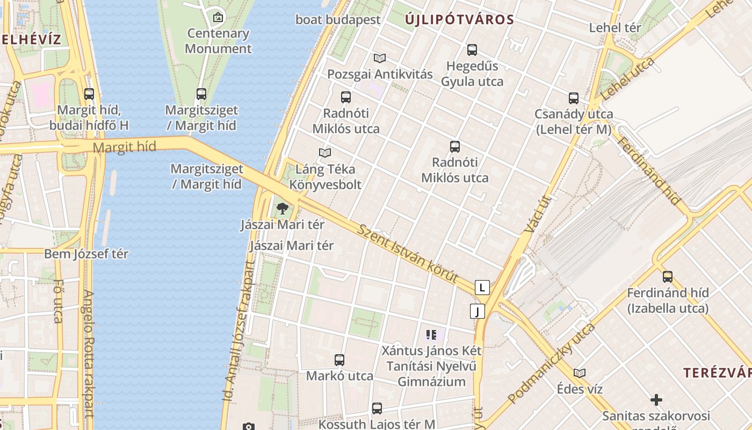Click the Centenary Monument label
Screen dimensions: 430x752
[218, 41]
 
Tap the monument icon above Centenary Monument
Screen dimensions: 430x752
[218, 17]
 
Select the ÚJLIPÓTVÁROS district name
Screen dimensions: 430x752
[459, 20]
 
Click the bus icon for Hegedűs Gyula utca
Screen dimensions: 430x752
[472, 50]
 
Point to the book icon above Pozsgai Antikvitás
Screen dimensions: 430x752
[380, 58]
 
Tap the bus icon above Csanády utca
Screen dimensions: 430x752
[574, 98]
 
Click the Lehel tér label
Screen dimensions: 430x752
[615, 27]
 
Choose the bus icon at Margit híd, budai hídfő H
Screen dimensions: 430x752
[89, 94]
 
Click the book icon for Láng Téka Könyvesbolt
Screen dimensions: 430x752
[325, 153]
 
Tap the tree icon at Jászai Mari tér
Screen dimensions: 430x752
[283, 209]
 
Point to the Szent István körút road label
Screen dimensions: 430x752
[408, 254]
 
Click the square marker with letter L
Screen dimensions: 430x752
[482, 288]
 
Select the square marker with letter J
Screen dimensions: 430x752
[477, 311]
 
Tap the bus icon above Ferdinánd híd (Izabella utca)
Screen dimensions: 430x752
[668, 277]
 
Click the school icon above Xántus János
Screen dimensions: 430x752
[431, 335]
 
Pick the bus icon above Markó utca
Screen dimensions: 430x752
[339, 360]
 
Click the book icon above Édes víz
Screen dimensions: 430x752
[580, 373]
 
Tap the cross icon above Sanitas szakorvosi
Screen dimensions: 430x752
[656, 400]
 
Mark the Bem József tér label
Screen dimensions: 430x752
[86, 254]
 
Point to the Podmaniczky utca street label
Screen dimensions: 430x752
[552, 363]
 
